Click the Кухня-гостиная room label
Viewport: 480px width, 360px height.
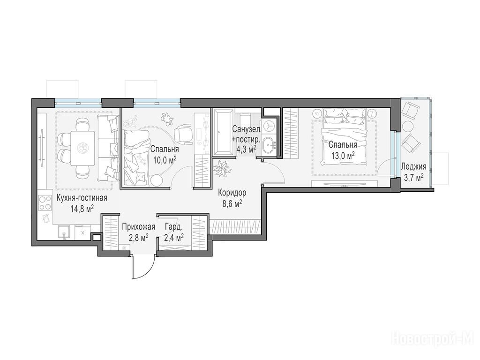point(82,198)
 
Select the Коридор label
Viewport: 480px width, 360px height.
point(232,193)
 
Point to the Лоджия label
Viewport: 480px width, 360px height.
point(413,167)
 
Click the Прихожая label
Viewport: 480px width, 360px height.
point(138,227)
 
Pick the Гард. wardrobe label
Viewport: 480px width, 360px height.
point(174,227)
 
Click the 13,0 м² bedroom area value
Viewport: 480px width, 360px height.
point(343,156)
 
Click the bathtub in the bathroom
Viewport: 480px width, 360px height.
point(223,132)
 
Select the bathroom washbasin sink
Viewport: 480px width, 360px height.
point(270,144)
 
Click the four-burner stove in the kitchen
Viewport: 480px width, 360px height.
point(45,203)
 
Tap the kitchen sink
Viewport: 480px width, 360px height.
point(64,232)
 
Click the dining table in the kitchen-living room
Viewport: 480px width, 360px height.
point(82,148)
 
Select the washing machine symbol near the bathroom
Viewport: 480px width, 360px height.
point(269,126)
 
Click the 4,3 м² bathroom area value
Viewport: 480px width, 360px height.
point(246,150)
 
